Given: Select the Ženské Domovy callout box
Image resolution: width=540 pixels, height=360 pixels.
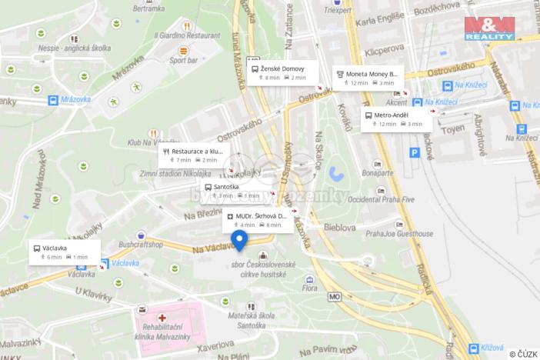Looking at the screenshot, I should tap(282, 72).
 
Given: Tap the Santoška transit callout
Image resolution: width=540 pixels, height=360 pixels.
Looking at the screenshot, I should tap(238, 191).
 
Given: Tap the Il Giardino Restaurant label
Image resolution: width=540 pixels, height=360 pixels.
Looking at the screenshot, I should tap(187, 35).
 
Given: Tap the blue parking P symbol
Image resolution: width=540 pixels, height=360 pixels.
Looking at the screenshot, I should tap(415, 153).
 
